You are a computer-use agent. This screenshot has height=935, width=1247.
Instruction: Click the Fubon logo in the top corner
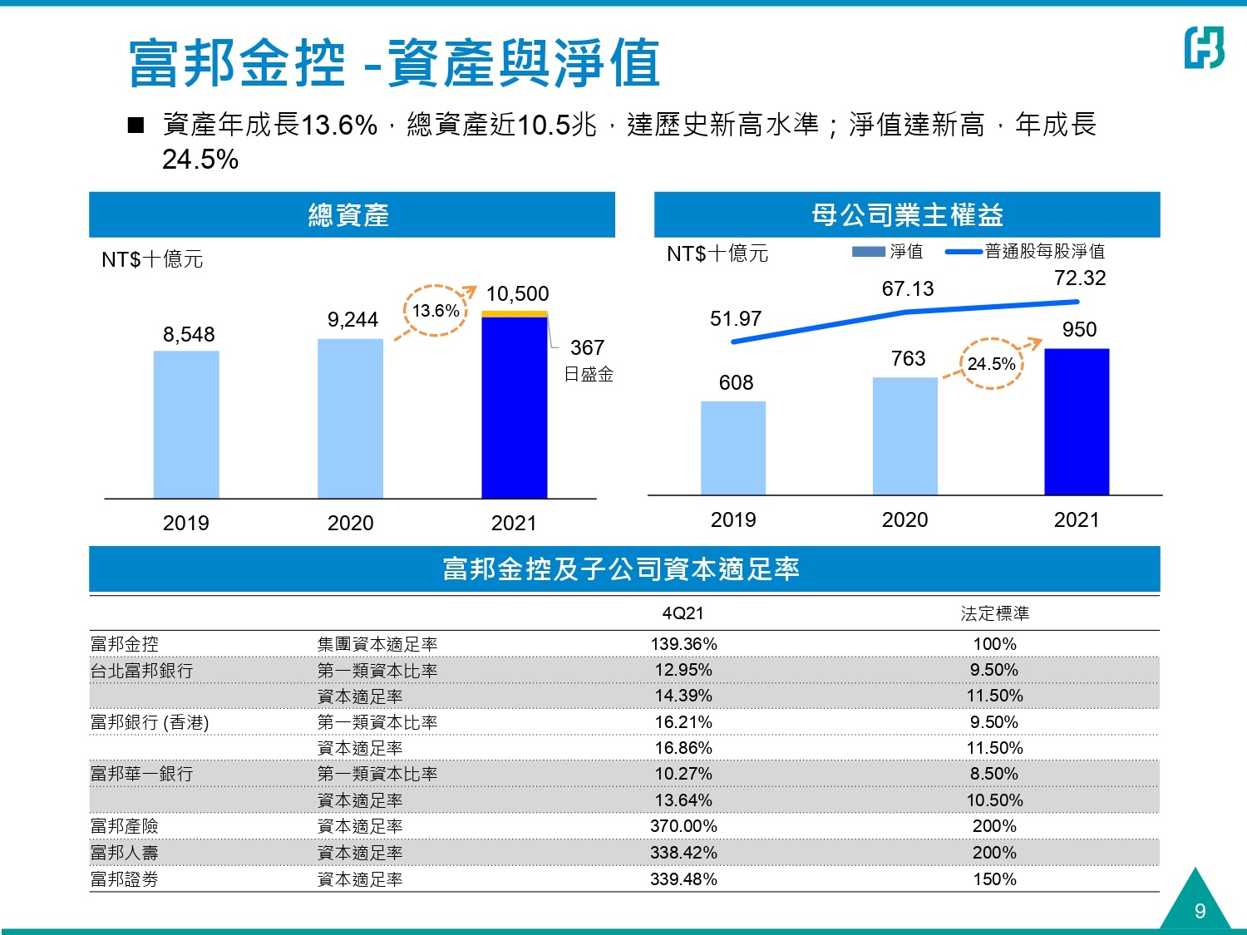click(1204, 47)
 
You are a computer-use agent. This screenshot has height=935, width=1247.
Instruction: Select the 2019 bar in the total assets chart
click(186, 424)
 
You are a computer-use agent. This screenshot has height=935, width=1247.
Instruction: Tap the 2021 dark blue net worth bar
click(1077, 421)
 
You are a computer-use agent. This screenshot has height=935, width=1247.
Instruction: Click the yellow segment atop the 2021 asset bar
click(515, 314)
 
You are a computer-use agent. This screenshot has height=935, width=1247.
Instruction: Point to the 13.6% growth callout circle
click(436, 311)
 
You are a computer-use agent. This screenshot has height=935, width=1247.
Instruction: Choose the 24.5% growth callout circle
click(992, 363)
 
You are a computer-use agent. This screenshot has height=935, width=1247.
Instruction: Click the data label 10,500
click(517, 294)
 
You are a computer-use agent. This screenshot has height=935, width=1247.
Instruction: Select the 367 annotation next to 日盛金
click(587, 347)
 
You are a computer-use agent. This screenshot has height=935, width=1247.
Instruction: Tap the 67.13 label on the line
click(908, 289)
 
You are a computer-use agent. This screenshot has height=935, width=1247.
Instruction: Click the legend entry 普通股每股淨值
click(1044, 251)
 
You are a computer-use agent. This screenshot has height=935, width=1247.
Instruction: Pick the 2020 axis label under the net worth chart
click(904, 520)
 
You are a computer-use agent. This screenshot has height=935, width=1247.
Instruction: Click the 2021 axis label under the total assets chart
click(514, 523)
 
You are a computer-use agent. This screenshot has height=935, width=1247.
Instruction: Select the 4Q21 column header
click(683, 613)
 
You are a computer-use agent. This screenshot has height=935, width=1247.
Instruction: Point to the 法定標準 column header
click(994, 613)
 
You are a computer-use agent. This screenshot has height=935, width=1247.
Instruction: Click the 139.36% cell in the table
click(683, 644)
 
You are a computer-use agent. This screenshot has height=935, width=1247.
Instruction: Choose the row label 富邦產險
click(124, 826)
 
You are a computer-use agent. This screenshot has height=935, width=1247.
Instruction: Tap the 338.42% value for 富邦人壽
click(683, 853)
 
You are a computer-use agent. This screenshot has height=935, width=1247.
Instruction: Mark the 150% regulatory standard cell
click(994, 879)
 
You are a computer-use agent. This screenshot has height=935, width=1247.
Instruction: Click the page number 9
click(1200, 911)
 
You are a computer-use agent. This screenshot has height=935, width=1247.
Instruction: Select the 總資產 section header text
click(348, 215)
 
